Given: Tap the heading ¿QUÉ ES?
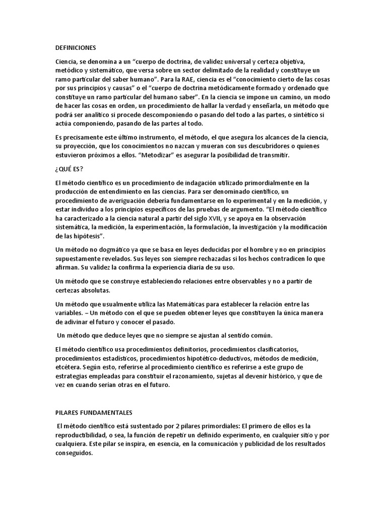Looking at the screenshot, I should coord(69,169).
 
